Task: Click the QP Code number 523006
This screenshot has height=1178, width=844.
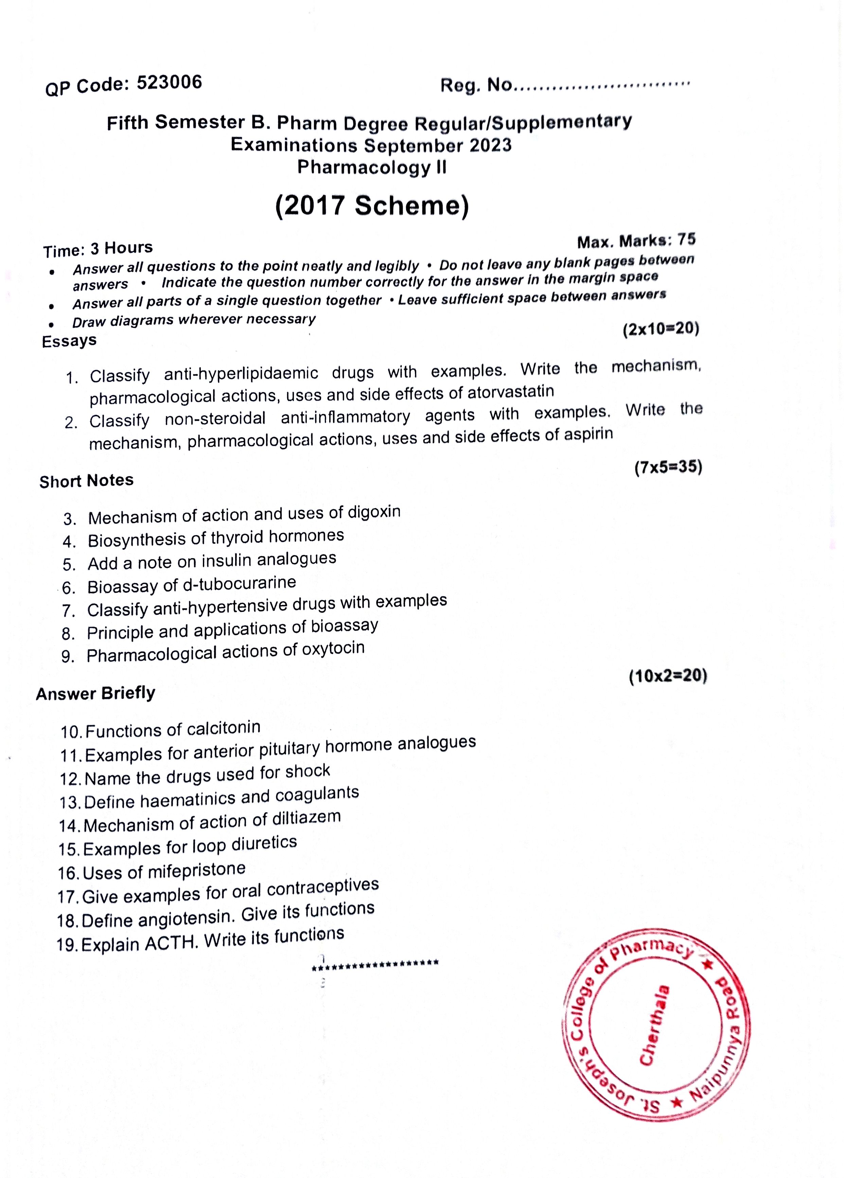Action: (x=169, y=83)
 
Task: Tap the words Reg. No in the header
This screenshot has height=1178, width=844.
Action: (x=476, y=85)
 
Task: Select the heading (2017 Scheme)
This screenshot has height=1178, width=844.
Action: (x=372, y=205)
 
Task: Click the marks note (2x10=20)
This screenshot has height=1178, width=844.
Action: (x=661, y=329)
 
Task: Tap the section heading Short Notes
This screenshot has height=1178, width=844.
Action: (x=86, y=481)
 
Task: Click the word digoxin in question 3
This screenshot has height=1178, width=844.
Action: (x=374, y=512)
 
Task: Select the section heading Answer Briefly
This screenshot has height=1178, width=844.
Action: (x=95, y=693)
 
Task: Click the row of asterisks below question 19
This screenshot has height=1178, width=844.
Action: (x=375, y=963)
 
